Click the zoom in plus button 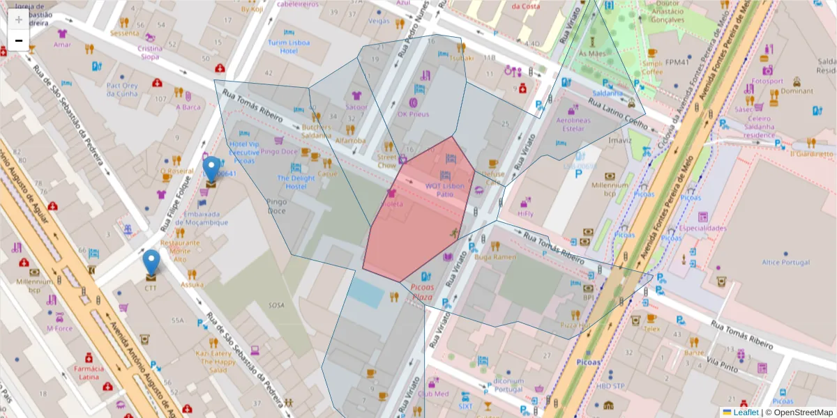pos(19,19)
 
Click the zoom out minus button pos(19,41)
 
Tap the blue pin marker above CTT pos(151,263)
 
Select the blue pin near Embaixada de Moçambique pos(211,169)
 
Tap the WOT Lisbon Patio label pos(445,189)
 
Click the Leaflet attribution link pos(746,412)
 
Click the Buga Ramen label pos(495,257)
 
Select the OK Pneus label pos(413,114)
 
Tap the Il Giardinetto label pos(811,153)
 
